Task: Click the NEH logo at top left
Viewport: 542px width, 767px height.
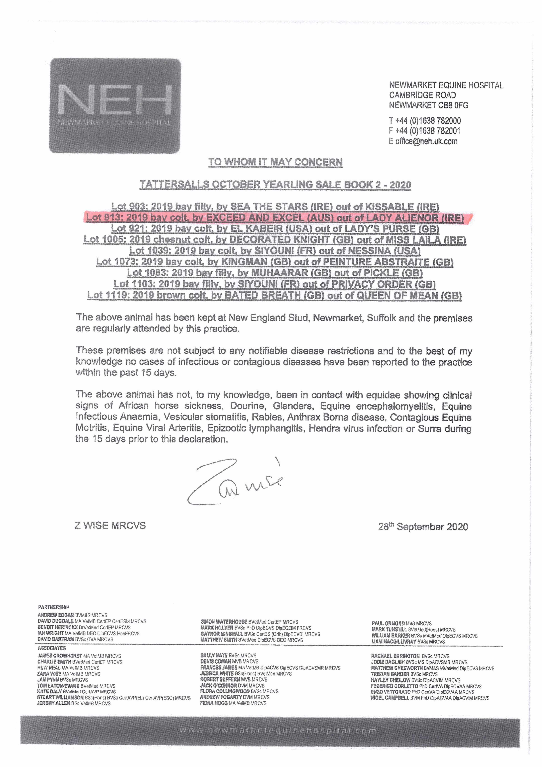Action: click(x=115, y=105)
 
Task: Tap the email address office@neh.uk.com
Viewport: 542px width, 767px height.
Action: click(x=426, y=141)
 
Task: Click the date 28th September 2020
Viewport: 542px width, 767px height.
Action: click(x=423, y=527)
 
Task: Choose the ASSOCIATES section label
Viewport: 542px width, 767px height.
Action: click(x=52, y=648)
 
